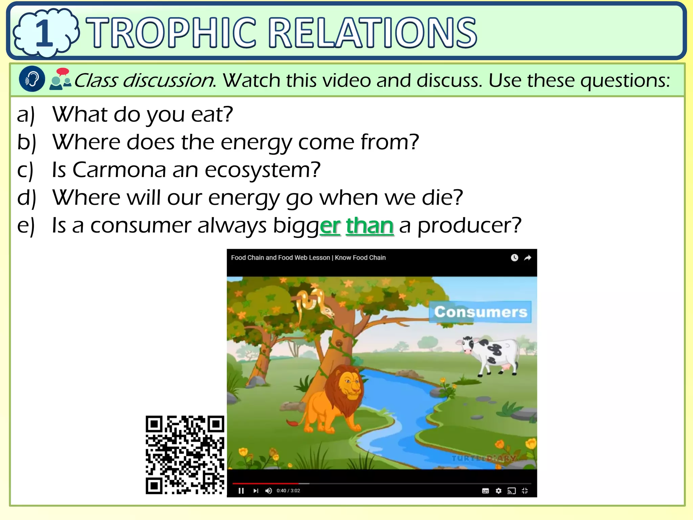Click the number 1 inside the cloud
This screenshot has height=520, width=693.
coord(44,33)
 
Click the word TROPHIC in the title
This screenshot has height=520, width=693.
coord(171,33)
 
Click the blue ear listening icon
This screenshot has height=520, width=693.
coord(32,79)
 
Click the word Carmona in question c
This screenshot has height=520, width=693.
coord(119,170)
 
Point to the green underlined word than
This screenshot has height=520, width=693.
coord(370,226)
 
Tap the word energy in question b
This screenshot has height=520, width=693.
coord(256,142)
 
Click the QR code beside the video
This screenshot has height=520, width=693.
coord(185,455)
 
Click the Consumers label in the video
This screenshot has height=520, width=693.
coord(480,312)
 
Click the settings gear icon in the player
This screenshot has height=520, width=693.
coord(498,491)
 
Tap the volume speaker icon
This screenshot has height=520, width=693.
coord(269,491)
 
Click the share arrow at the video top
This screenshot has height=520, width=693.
coord(528,258)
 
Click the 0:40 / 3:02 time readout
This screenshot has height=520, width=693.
coord(288,491)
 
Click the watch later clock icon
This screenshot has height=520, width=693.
coord(514,258)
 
